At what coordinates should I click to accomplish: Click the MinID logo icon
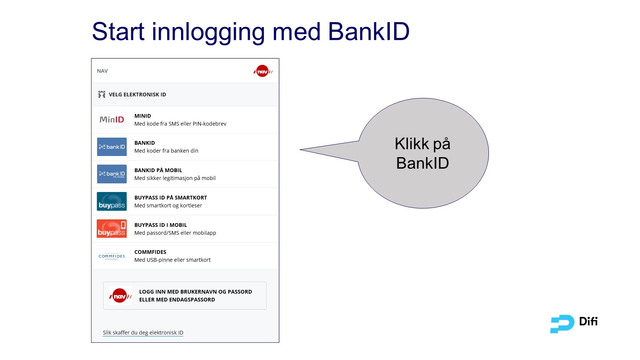point(112,120)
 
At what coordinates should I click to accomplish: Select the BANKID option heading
point(144,143)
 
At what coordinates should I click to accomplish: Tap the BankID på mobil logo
point(112,174)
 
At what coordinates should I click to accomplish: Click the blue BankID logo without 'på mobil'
point(112,147)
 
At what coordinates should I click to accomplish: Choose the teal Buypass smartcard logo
point(112,201)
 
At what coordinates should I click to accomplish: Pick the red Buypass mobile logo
point(112,229)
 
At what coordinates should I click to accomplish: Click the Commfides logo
point(112,256)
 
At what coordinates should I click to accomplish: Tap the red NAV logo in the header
point(263,71)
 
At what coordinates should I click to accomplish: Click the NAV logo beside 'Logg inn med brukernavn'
point(120,296)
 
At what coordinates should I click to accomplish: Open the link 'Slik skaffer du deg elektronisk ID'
point(143,333)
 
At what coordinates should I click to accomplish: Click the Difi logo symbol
point(562,324)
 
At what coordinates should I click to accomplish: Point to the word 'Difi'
point(588,321)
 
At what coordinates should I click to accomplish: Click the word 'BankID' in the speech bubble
point(423,163)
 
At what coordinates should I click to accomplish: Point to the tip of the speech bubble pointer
point(301,150)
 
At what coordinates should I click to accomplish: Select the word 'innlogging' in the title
point(208,32)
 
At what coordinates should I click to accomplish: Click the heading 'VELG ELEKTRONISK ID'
point(137,94)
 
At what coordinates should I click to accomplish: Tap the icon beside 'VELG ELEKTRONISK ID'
point(102,94)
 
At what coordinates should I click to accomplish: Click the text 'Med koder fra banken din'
point(166,151)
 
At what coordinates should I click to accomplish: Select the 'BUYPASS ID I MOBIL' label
point(160,225)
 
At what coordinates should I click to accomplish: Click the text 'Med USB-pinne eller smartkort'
point(172,260)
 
